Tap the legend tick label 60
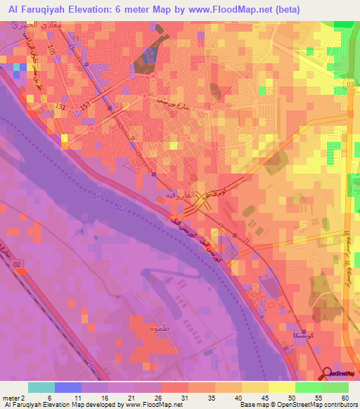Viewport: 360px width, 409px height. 345,398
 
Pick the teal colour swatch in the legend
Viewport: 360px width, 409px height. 41,387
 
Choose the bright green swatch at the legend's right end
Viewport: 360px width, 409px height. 335,387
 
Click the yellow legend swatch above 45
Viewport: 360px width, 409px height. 255,387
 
